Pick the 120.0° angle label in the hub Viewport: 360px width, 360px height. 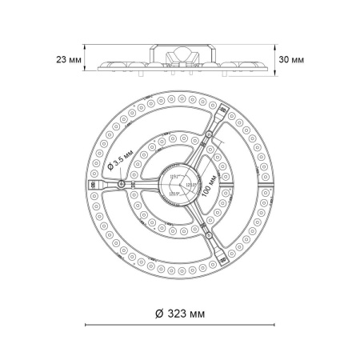(x=190, y=186)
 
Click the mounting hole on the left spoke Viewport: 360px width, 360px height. (x=120, y=185)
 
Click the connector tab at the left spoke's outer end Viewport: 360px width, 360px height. (x=94, y=185)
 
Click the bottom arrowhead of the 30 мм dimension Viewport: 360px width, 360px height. (x=279, y=77)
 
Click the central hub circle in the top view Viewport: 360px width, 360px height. (x=180, y=185)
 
